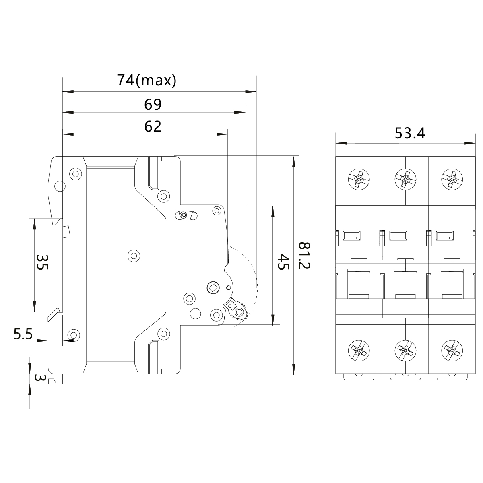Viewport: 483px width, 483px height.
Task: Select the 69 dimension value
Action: (153, 105)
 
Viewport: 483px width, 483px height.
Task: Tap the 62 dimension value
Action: (153, 127)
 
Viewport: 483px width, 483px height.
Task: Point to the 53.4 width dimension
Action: (410, 133)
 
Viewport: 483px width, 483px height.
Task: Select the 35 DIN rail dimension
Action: (43, 262)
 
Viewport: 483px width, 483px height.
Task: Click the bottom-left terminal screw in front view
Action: (359, 349)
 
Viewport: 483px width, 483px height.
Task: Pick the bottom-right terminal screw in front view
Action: (452, 349)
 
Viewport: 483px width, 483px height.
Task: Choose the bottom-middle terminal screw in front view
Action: (405, 349)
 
